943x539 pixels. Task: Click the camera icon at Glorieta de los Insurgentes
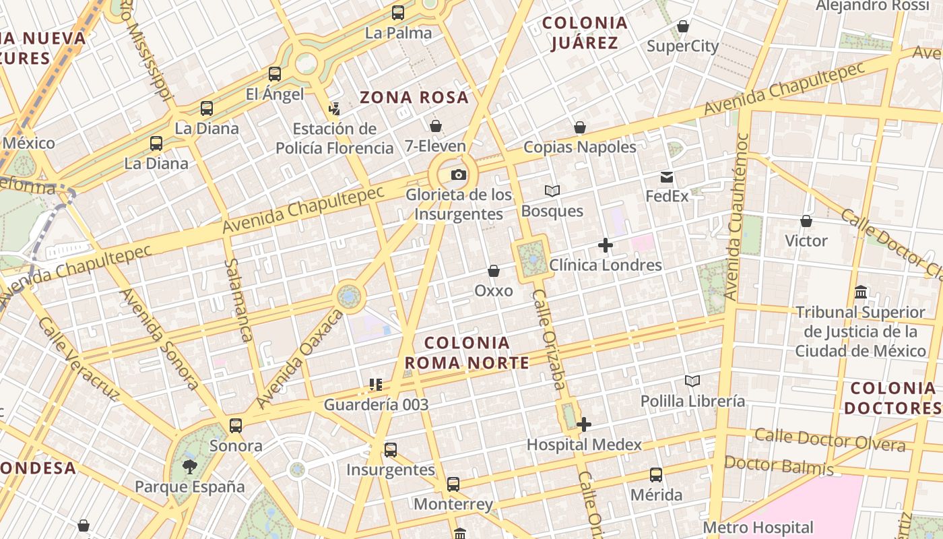[x=459, y=175]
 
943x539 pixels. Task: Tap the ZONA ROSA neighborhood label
[x=414, y=98]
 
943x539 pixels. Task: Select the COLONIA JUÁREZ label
[x=585, y=33]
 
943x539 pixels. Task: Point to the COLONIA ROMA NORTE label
[x=467, y=352]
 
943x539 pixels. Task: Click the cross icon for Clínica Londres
[x=606, y=246]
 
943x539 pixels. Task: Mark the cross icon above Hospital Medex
[x=584, y=424]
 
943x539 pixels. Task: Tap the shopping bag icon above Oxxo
[x=494, y=271]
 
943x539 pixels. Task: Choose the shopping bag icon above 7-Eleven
[x=436, y=126]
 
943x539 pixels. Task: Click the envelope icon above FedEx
[x=667, y=177]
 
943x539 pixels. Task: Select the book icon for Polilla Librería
[x=692, y=381]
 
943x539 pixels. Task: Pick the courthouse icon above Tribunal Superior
[x=861, y=292]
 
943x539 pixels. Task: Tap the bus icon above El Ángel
[x=275, y=74]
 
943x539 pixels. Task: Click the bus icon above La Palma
[x=398, y=13]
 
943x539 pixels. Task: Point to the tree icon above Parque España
[x=189, y=466]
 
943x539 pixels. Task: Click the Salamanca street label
[x=238, y=299]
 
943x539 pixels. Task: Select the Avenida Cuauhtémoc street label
[x=737, y=216]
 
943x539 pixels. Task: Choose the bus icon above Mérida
[x=656, y=475]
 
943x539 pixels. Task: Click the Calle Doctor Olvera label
[x=830, y=439]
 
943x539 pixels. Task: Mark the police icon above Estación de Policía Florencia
[x=334, y=108]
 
